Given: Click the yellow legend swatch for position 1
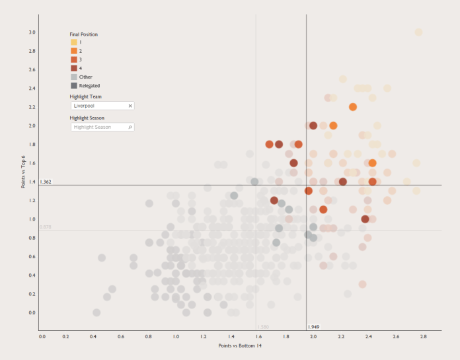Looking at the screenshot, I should pyautogui.click(x=74, y=42).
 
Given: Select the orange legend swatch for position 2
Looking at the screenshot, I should pyautogui.click(x=74, y=51).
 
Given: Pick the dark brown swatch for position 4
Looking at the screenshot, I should pyautogui.click(x=74, y=68).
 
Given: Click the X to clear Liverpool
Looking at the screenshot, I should pyautogui.click(x=130, y=106).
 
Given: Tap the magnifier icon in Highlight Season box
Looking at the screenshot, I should pyautogui.click(x=130, y=127).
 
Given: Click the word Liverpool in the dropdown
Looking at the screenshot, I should pyautogui.click(x=83, y=106).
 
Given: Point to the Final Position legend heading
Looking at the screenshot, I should pyautogui.click(x=84, y=34).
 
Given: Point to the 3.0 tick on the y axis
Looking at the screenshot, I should pyautogui.click(x=32, y=32).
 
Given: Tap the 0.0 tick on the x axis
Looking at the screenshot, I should pyautogui.click(x=42, y=336).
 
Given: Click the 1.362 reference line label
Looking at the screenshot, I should pyautogui.click(x=46, y=182).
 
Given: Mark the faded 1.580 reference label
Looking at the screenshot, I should pyautogui.click(x=263, y=327).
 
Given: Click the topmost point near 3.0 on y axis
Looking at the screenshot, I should pyautogui.click(x=418, y=32).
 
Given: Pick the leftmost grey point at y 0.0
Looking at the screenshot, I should pyautogui.click(x=96, y=312).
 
